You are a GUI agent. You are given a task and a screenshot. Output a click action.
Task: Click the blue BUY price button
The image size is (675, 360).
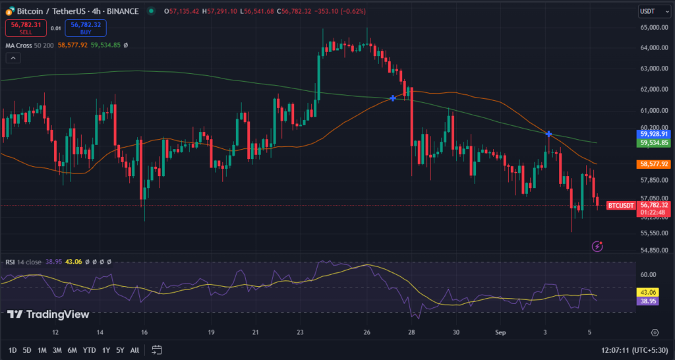pyautogui.click(x=86, y=28)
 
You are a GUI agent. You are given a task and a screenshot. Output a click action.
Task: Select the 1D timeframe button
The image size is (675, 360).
pyautogui.click(x=13, y=349)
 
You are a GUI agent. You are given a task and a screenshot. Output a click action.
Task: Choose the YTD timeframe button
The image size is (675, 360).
pyautogui.click(x=89, y=349)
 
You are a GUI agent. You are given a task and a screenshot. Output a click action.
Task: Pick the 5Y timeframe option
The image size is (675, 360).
pyautogui.click(x=120, y=349)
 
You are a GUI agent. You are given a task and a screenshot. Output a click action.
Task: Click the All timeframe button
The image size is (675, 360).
pyautogui.click(x=134, y=349)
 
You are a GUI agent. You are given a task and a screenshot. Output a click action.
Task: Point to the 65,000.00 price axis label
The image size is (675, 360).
pyautogui.click(x=654, y=27)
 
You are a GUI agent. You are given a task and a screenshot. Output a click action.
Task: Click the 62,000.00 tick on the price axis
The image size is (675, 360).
pyautogui.click(x=654, y=89)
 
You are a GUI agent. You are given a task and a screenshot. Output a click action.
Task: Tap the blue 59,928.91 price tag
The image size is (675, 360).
pyautogui.click(x=654, y=134)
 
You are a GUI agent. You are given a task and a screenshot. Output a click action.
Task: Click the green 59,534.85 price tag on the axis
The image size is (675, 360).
pyautogui.click(x=654, y=142)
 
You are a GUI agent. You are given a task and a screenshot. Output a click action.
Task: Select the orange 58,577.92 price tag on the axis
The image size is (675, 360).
pyautogui.click(x=654, y=164)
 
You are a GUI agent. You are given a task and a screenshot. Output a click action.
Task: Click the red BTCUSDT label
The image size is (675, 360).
pyautogui.click(x=621, y=205)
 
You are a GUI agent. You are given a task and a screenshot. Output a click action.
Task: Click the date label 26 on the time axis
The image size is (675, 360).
pyautogui.click(x=367, y=332)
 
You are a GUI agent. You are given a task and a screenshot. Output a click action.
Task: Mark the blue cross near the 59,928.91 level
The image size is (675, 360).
pyautogui.click(x=548, y=134)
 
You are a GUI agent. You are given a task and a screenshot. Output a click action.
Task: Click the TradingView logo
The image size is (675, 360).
pyautogui.click(x=48, y=315)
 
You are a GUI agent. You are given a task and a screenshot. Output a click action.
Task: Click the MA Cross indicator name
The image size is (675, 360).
pyautogui.click(x=18, y=45)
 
